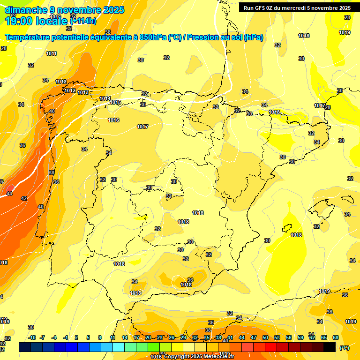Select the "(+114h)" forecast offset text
pyautogui.click(x=83, y=21)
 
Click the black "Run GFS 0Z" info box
pyautogui.click(x=297, y=7)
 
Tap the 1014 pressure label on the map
pyautogui.click(x=105, y=99)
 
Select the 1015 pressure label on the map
pyautogui.click(x=115, y=103)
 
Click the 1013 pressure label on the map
pyautogui.click(x=83, y=93)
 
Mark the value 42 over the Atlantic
pyautogui.click(x=24, y=198)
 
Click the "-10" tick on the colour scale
pyautogui.click(x=32, y=337)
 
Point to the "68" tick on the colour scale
pyautogui.click(x=336, y=337)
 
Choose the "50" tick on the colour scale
pyautogui.click(x=265, y=337)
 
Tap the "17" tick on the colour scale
pyautogui.click(x=136, y=337)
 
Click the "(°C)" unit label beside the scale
pyautogui.click(x=344, y=348)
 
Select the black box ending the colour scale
pyautogui.click(x=330, y=347)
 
